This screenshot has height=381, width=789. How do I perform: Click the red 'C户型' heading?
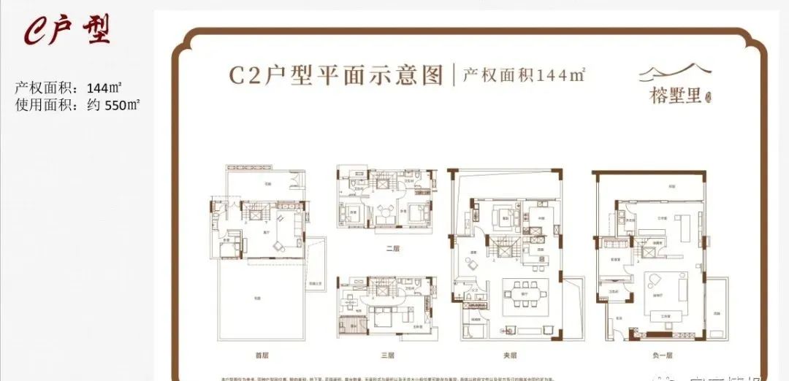pos(67,29)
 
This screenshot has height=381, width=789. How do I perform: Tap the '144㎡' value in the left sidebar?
pos(104,88)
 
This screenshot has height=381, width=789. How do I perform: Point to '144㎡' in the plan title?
pos(562,74)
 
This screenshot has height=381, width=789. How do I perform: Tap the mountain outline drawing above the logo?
pos(674,72)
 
